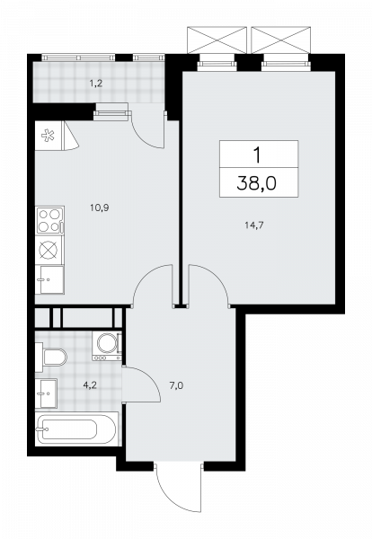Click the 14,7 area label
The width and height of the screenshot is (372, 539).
click(254, 225)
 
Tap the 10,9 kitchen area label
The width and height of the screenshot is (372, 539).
click(100, 208)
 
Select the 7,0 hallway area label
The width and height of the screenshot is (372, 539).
click(176, 385)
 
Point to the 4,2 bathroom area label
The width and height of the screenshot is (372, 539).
click(90, 385)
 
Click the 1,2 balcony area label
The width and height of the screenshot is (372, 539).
click(96, 84)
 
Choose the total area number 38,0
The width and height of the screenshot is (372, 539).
click(256, 183)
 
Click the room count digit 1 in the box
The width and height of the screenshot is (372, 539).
click(257, 155)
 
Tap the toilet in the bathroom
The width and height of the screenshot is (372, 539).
click(51, 358)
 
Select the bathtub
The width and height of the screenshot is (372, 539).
click(76, 429)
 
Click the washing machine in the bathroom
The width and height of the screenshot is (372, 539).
click(107, 346)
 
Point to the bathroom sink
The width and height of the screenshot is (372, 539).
click(46, 393)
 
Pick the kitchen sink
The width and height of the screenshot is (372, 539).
click(49, 279)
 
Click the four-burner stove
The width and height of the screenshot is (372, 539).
click(49, 220)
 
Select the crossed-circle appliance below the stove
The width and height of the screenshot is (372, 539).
click(49, 250)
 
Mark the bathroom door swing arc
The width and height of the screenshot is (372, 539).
click(151, 376)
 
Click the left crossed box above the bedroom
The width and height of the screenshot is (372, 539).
click(217, 40)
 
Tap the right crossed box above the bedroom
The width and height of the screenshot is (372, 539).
click(281, 40)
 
